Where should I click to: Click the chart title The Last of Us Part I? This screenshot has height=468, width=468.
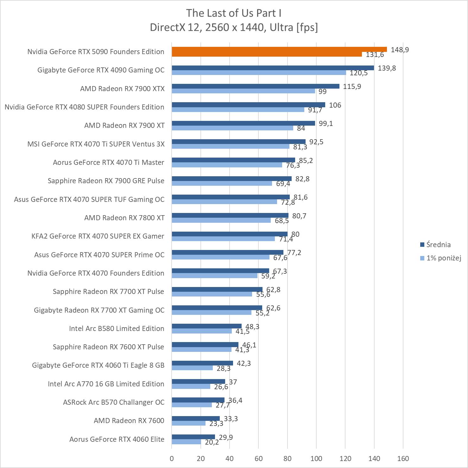234,13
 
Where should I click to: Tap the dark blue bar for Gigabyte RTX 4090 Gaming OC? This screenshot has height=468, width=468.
272,68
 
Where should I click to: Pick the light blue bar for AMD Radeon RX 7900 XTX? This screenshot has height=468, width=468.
243,91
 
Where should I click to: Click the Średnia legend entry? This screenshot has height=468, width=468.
438,245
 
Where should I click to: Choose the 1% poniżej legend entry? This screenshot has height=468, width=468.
443,258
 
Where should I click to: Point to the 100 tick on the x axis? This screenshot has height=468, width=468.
316,459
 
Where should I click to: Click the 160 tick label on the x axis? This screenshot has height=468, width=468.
403,459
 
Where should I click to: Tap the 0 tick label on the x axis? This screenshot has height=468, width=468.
172,459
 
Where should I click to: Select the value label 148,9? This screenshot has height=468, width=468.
400,50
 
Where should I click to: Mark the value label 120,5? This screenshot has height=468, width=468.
358,73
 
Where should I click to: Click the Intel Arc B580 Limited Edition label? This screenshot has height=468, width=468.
117,328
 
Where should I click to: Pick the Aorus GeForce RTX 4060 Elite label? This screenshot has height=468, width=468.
117,439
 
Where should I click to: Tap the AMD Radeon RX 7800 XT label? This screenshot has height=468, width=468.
124,218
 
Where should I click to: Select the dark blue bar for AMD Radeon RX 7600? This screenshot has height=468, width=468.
195,419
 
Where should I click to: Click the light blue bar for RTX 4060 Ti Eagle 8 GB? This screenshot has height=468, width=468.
192,368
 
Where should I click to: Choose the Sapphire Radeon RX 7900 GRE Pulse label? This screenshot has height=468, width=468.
106,181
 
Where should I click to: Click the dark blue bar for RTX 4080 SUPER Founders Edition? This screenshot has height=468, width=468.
248,105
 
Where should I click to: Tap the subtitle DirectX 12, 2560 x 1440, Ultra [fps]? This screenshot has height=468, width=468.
234,28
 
